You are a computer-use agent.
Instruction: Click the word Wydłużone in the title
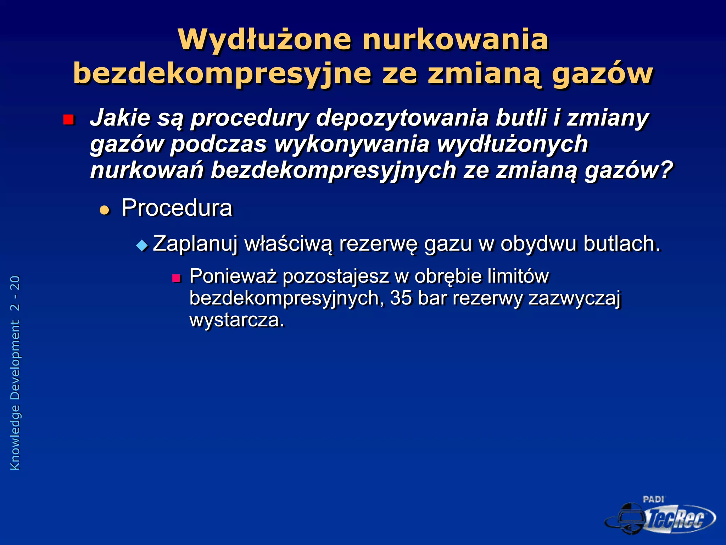(x=265, y=40)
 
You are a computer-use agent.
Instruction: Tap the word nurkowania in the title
(x=455, y=40)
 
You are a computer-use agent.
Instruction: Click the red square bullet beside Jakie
(x=68, y=120)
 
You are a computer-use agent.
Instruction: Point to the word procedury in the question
(x=250, y=118)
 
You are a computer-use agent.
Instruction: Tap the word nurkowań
(x=147, y=170)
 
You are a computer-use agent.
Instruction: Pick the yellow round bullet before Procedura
(x=105, y=210)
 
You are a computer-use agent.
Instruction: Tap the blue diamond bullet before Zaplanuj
(x=142, y=245)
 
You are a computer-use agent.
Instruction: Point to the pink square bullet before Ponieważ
(x=176, y=278)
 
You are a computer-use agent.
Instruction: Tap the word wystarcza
(x=236, y=320)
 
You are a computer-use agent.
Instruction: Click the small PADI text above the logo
(x=653, y=500)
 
